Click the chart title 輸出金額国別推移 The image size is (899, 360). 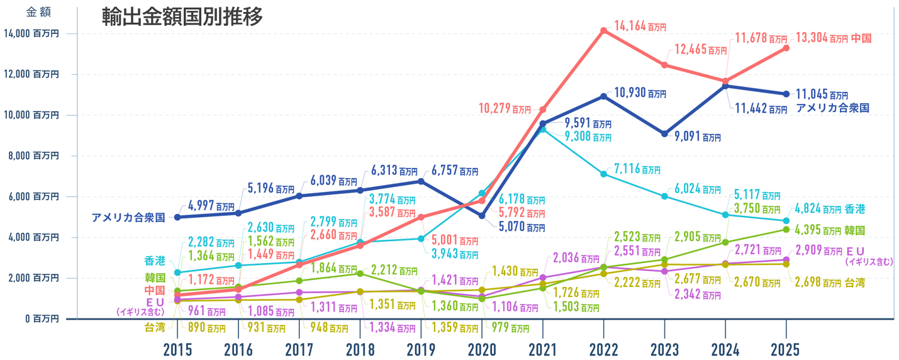coord(182,17)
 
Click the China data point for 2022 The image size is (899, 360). coord(603,30)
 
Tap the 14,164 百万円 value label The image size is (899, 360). coord(639,26)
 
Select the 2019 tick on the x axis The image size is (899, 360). coord(420,350)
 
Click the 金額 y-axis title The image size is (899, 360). coord(38,12)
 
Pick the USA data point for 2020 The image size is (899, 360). coord(482,216)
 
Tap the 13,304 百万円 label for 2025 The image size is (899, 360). coord(822,38)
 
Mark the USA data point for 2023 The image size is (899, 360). coord(664,133)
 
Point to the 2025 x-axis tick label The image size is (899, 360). coord(786,350)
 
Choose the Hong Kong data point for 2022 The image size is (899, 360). coord(603,174)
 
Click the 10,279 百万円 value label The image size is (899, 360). coord(504,109)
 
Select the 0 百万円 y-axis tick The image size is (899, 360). coord(43,319)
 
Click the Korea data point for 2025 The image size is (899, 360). coord(786,229)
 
